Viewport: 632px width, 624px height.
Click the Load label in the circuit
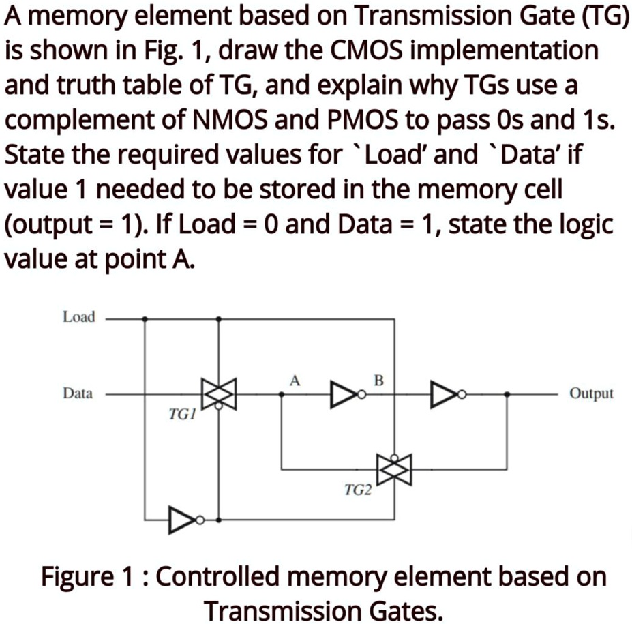79,317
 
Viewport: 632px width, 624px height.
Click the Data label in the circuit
78,393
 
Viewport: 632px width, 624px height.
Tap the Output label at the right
591,393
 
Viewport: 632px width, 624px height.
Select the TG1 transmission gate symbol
218,394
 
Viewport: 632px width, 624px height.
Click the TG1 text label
181,414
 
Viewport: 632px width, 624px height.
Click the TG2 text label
357,489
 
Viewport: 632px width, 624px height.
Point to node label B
379,379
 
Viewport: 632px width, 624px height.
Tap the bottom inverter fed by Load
183,520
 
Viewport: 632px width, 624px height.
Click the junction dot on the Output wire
506,394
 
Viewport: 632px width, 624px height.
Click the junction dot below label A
282,394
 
